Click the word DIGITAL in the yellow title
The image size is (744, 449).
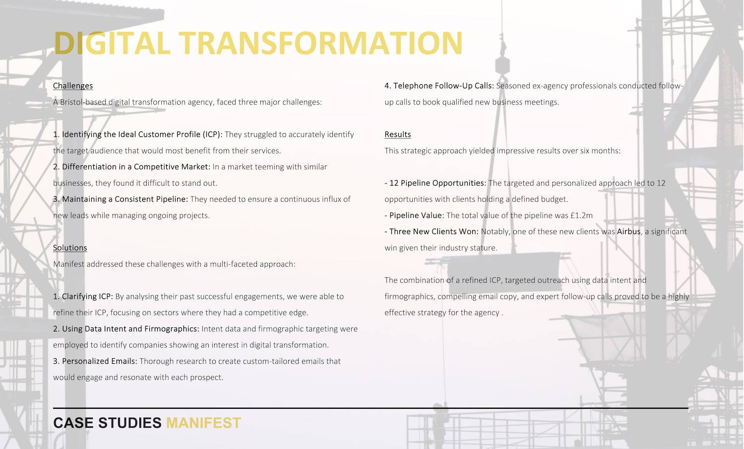point(112,43)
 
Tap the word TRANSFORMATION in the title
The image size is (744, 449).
point(321,43)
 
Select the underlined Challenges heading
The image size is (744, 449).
point(73,86)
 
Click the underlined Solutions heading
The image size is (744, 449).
point(70,248)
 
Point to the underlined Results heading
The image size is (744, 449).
point(398,134)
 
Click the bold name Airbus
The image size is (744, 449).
point(628,231)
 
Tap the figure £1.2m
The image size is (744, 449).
point(581,215)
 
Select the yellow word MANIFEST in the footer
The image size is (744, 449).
point(203,423)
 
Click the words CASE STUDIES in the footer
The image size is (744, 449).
point(107,423)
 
